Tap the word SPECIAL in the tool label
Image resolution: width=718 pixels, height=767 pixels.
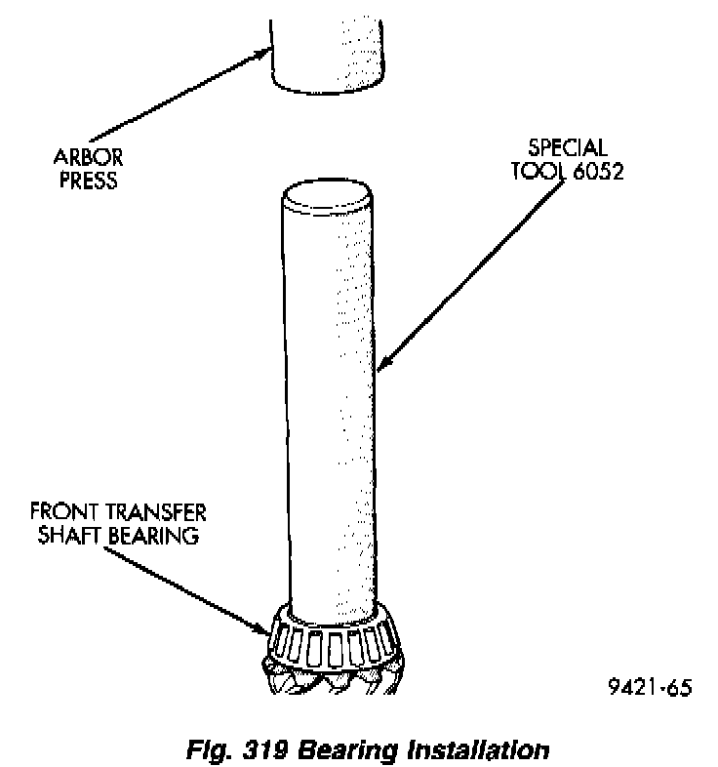tap(568, 149)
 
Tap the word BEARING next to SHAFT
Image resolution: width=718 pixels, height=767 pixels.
tap(156, 536)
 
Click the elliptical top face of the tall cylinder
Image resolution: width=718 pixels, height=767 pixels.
tap(326, 198)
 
